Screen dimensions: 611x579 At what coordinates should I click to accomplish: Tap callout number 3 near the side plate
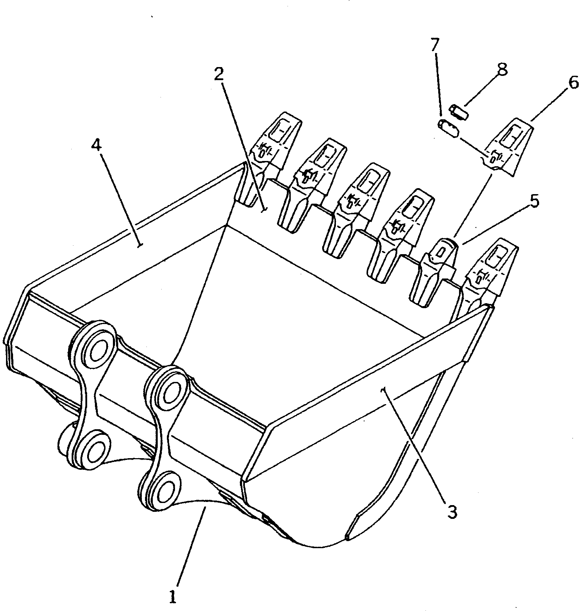(x=452, y=511)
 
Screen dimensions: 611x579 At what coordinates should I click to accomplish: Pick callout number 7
(x=434, y=45)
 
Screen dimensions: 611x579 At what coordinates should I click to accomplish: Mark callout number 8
(x=502, y=70)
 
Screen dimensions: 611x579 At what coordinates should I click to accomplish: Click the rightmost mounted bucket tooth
(x=492, y=268)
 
